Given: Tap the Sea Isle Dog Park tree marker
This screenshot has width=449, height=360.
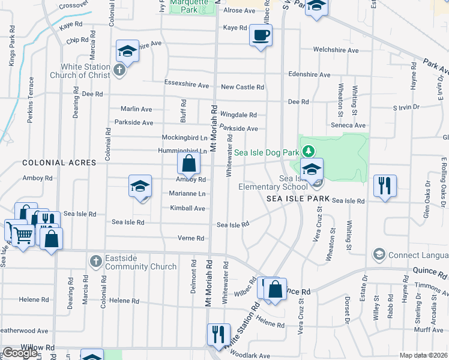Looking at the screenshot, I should tap(308, 151).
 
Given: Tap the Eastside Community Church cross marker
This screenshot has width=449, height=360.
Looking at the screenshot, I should tap(95, 261).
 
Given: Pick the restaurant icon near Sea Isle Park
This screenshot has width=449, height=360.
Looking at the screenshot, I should tap(384, 185).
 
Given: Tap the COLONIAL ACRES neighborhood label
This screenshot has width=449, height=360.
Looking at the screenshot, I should tap(59, 163).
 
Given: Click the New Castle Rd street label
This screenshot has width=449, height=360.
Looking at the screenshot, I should tap(243, 87).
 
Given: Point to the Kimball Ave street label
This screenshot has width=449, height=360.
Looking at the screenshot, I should tap(187, 208).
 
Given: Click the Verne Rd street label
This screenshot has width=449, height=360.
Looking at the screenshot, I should tap(191, 238).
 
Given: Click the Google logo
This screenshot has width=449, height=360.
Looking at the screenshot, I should tap(20, 353).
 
